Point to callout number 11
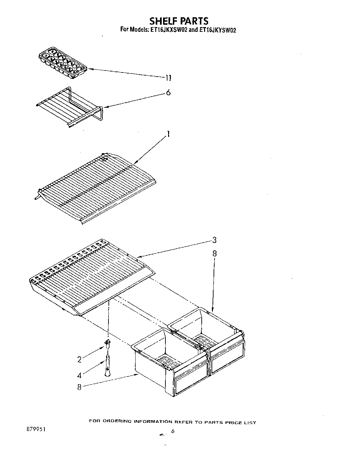click(168, 78)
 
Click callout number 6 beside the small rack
click(168, 92)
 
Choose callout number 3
click(214, 240)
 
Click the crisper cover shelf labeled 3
click(92, 278)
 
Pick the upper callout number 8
click(214, 253)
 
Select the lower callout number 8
click(79, 387)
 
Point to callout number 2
click(79, 359)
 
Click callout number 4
click(79, 375)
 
